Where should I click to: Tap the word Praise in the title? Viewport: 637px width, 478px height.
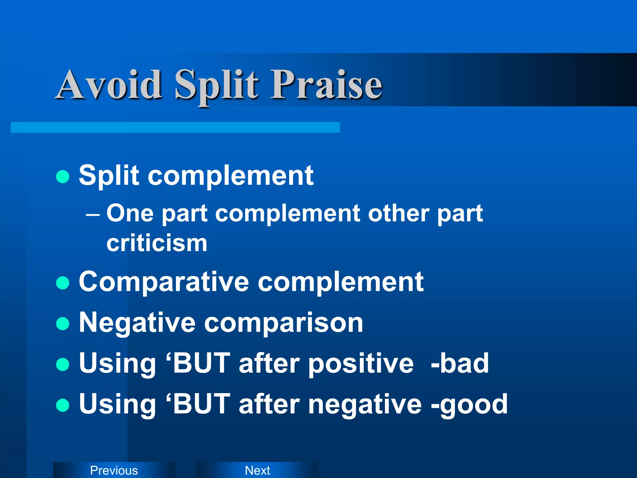click(326, 85)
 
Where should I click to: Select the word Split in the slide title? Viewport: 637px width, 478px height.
click(216, 86)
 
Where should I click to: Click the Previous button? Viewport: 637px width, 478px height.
click(114, 470)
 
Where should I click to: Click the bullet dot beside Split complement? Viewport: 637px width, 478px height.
click(63, 176)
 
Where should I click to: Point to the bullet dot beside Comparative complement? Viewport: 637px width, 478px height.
click(63, 283)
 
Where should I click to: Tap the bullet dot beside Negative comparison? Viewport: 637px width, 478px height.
click(63, 324)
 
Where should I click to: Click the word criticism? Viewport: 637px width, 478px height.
click(157, 243)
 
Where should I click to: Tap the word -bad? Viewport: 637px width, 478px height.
click(460, 363)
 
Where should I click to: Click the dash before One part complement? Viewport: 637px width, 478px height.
click(93, 215)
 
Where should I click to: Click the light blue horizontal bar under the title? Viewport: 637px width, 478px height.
click(175, 128)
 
